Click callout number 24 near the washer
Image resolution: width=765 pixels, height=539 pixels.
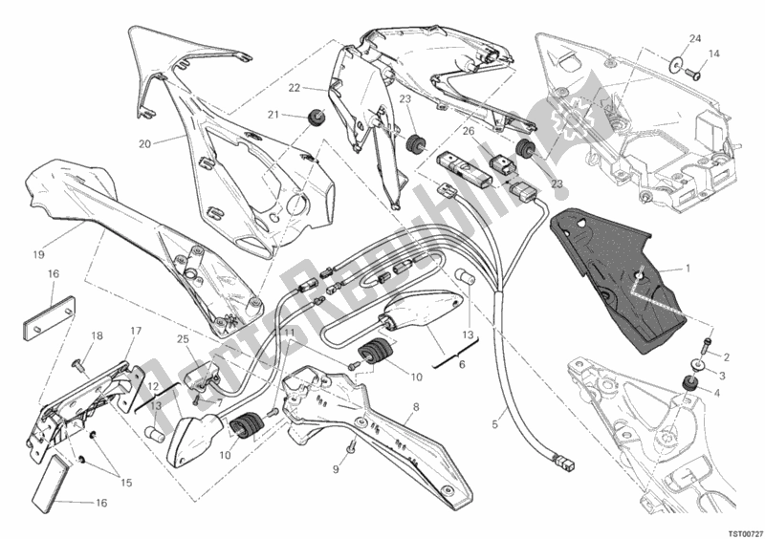click(x=695, y=38)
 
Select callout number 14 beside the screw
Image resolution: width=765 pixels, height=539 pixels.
click(x=713, y=54)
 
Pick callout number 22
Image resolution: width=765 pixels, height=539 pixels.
click(x=295, y=89)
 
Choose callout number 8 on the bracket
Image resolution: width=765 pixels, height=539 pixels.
click(x=415, y=406)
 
